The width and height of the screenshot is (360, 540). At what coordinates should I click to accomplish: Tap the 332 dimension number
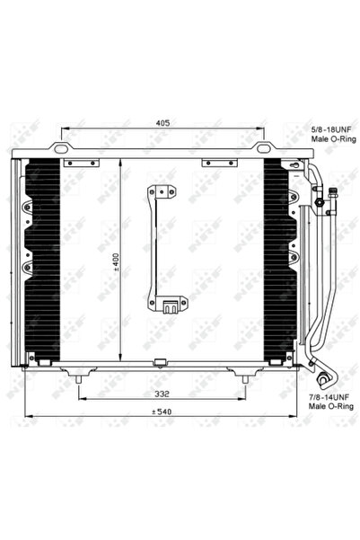click(162, 394)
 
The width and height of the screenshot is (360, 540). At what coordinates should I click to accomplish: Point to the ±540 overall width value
click(162, 412)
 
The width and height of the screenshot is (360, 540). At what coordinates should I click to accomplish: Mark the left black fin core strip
click(44, 261)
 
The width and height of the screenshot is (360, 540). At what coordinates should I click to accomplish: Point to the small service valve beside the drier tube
click(331, 193)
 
